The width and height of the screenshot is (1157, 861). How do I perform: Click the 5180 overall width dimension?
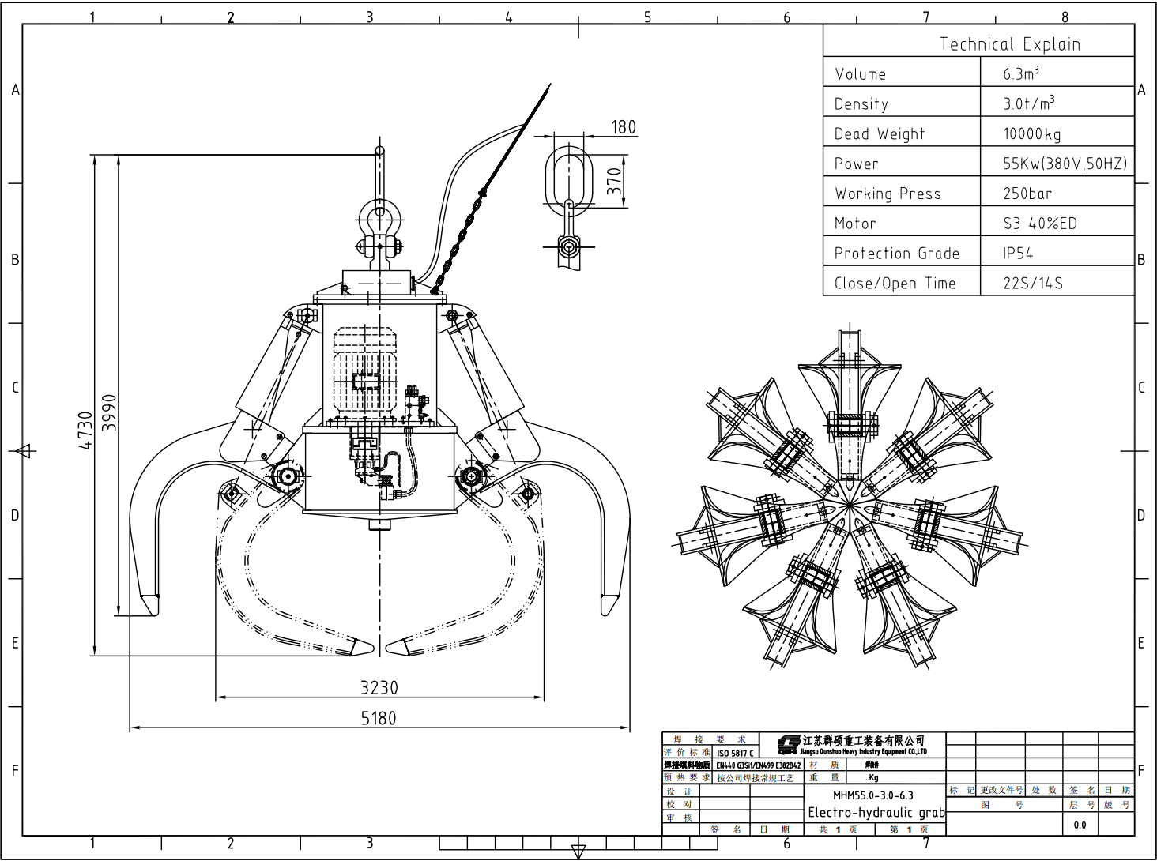(379, 718)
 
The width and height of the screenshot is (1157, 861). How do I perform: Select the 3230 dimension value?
(379, 687)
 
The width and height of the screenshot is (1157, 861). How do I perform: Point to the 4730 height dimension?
(85, 430)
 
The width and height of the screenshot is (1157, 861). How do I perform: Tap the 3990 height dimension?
(110, 412)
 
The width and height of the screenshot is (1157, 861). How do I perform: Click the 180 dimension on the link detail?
(623, 127)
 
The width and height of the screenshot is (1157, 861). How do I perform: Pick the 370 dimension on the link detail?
(614, 181)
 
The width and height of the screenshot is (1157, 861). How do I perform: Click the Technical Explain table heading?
(1009, 44)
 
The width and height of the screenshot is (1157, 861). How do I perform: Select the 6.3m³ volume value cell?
(1021, 73)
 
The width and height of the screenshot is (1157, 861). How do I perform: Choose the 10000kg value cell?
(1032, 134)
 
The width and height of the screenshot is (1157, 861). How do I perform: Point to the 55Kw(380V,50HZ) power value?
(1065, 164)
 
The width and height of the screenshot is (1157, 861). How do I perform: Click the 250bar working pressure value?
(1027, 194)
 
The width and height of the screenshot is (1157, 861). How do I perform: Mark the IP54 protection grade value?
(1018, 254)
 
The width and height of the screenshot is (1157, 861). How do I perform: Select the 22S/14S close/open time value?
(1032, 283)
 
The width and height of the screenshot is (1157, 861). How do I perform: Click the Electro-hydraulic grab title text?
(876, 812)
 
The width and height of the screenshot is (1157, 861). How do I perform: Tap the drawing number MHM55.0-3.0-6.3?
(872, 795)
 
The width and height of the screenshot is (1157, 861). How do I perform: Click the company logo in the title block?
(788, 744)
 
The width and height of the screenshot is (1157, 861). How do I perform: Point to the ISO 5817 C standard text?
(735, 753)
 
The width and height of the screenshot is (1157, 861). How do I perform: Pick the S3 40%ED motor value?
(1039, 224)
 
